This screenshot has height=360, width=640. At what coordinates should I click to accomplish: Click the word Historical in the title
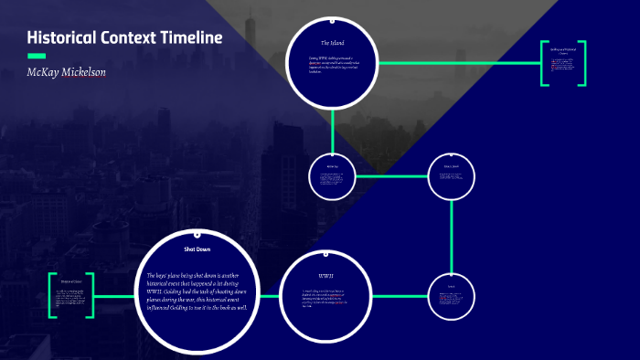pyautogui.click(x=64, y=37)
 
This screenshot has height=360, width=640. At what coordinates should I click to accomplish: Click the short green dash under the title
pyautogui.click(x=37, y=57)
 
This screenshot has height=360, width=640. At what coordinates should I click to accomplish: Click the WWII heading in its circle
pyautogui.click(x=326, y=275)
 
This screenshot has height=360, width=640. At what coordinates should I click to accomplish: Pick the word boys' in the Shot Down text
pyautogui.click(x=169, y=275)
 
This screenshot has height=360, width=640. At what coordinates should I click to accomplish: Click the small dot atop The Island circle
pyautogui.click(x=332, y=18)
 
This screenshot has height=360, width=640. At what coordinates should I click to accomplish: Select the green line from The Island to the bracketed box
pyautogui.click(x=457, y=63)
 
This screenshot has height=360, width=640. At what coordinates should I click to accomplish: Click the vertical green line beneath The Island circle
pyautogui.click(x=332, y=128)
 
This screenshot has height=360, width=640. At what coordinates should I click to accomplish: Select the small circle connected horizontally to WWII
pyautogui.click(x=452, y=296)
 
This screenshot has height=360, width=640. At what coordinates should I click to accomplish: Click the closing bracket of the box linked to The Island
pyautogui.click(x=581, y=63)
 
